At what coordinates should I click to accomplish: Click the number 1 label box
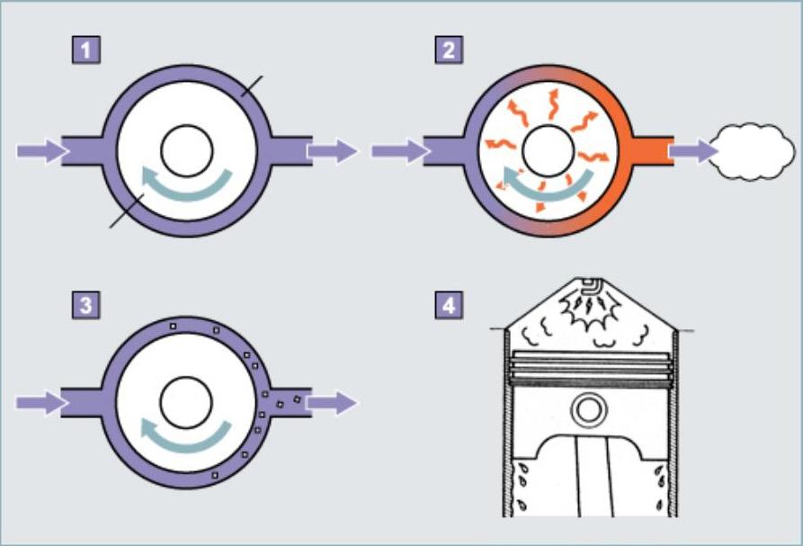pyautogui.click(x=86, y=49)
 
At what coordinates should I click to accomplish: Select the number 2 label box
pyautogui.click(x=448, y=49)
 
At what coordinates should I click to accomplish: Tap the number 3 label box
pyautogui.click(x=86, y=304)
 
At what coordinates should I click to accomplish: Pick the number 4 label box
pyautogui.click(x=448, y=304)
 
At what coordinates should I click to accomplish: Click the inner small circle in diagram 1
pyautogui.click(x=187, y=149)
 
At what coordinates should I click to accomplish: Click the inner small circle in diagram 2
pyautogui.click(x=548, y=149)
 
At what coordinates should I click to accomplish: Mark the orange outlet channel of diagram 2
pyautogui.click(x=651, y=150)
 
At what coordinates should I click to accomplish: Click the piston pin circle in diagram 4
pyautogui.click(x=590, y=410)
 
